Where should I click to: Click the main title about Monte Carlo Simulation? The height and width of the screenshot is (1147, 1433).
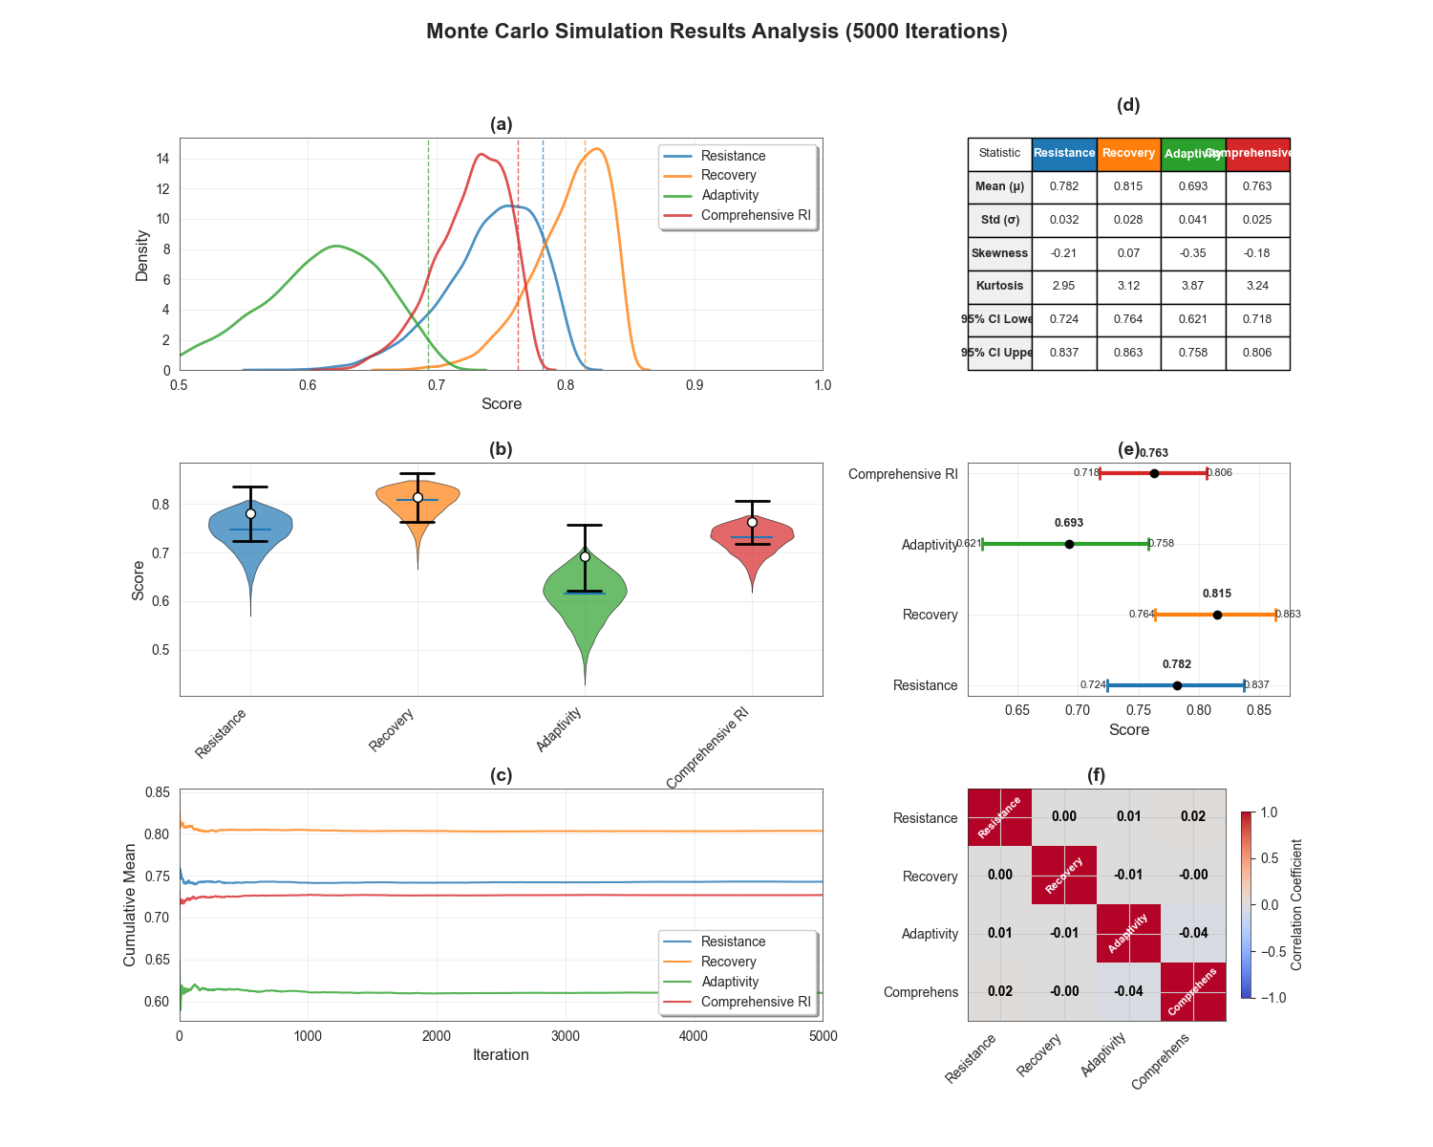[716, 32]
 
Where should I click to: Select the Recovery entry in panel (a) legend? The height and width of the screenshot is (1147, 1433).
[728, 175]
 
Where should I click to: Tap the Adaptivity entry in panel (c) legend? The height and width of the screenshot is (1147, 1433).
[730, 982]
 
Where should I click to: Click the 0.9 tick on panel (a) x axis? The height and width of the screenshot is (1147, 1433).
[695, 385]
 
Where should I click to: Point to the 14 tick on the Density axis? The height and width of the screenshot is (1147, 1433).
[163, 159]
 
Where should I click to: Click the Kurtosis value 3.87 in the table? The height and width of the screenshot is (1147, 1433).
[1192, 286]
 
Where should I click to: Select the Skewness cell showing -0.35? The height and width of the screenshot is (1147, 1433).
[1192, 253]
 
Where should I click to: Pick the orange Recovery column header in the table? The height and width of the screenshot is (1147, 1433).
[1128, 153]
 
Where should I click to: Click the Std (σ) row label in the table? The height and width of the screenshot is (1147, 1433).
[999, 220]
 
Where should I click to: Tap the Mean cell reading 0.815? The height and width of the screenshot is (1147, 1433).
[1128, 186]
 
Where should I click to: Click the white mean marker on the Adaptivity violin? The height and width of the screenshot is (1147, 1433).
[585, 556]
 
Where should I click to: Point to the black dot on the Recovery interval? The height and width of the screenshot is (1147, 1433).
[1217, 615]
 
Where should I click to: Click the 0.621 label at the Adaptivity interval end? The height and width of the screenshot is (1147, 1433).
[969, 544]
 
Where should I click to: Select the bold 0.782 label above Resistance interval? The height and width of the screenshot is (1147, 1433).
[1177, 664]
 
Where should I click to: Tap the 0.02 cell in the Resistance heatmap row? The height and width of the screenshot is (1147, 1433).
[1192, 817]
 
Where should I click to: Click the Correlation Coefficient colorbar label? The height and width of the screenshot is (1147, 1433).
[1296, 904]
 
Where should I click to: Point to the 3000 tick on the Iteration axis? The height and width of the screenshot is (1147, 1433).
[566, 1036]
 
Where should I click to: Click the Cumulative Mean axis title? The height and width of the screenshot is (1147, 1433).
[130, 904]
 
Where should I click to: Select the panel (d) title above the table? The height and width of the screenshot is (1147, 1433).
[1128, 106]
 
